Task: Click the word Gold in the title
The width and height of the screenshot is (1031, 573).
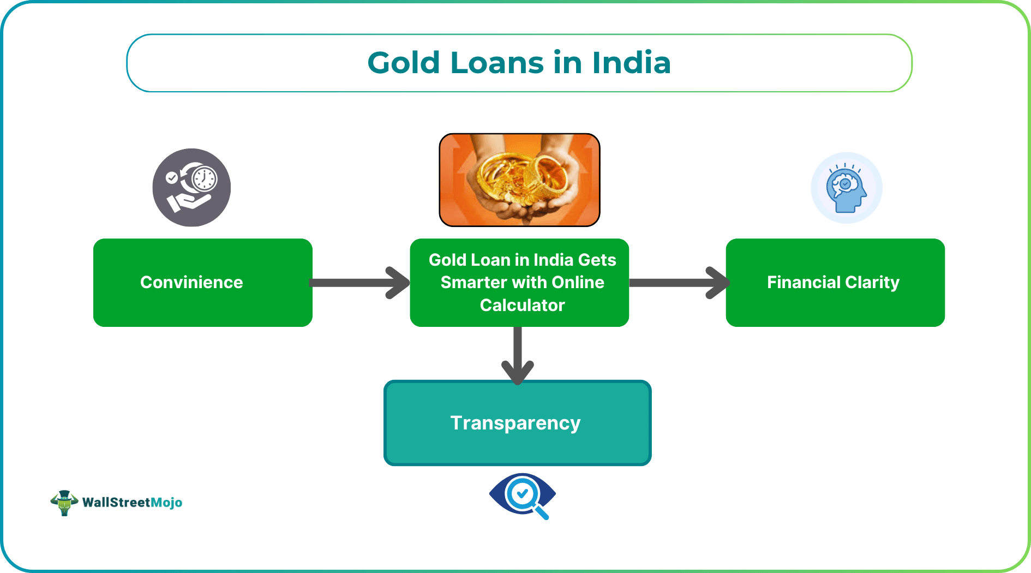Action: (x=404, y=63)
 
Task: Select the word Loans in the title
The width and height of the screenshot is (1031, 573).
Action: (x=497, y=63)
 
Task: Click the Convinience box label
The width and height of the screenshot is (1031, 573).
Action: (x=191, y=282)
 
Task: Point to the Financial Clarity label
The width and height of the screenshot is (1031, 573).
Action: (x=833, y=282)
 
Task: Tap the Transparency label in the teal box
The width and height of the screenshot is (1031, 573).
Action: (x=515, y=423)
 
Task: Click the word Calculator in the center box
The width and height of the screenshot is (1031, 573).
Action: (x=522, y=305)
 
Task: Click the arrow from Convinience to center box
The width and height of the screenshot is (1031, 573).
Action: (x=360, y=283)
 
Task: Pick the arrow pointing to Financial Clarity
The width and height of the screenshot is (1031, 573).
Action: (x=679, y=283)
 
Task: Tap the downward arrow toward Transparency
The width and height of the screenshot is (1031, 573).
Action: (x=518, y=355)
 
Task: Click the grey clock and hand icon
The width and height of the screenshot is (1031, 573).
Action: (x=191, y=188)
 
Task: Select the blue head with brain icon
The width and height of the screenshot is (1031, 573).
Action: (x=846, y=188)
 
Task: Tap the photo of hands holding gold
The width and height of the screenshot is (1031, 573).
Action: (x=519, y=180)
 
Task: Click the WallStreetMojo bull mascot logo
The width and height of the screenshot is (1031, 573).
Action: (x=64, y=502)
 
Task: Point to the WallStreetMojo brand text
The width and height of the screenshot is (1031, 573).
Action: (x=132, y=503)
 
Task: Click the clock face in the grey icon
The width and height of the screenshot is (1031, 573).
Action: (x=205, y=178)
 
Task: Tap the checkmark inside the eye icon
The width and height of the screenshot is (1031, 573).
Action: (x=522, y=494)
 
